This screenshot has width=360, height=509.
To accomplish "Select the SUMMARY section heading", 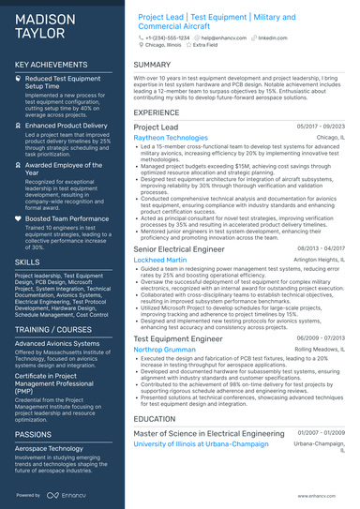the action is [152, 65].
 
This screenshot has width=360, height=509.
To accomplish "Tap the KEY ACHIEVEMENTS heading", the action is [53, 65].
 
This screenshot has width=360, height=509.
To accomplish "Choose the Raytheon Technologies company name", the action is [171, 138].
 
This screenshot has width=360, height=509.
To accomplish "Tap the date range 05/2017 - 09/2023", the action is [321, 127].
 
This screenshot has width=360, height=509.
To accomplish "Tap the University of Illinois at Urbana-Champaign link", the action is [202, 444].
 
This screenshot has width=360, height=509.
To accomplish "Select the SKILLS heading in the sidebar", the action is [27, 262].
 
